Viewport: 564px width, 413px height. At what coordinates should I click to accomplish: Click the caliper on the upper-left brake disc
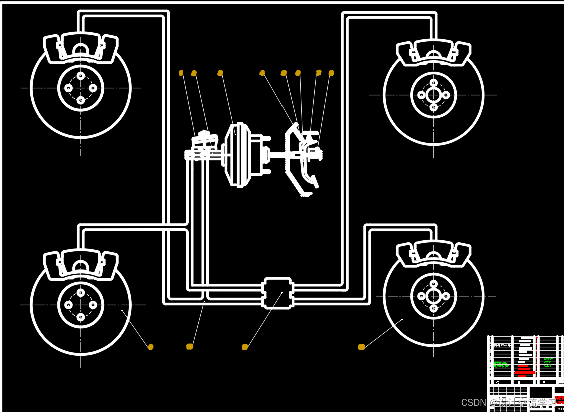pyautogui.click(x=81, y=49)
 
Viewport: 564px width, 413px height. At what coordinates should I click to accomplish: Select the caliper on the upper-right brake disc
pyautogui.click(x=434, y=52)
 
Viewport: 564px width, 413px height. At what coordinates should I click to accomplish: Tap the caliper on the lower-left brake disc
pyautogui.click(x=81, y=264)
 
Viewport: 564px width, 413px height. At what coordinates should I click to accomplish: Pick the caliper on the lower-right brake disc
pyautogui.click(x=434, y=253)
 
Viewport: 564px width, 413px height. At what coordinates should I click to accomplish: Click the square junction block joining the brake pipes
pyautogui.click(x=277, y=293)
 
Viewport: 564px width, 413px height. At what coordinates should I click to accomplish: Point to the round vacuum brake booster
pyautogui.click(x=240, y=155)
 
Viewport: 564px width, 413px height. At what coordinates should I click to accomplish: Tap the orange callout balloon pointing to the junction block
pyautogui.click(x=245, y=347)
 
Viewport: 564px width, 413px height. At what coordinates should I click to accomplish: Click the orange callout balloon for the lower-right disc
pyautogui.click(x=361, y=347)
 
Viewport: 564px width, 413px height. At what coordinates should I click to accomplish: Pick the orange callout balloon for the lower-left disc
pyautogui.click(x=151, y=347)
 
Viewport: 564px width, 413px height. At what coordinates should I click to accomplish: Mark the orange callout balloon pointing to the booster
pyautogui.click(x=220, y=73)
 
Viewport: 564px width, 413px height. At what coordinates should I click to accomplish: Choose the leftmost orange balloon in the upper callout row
pyautogui.click(x=181, y=73)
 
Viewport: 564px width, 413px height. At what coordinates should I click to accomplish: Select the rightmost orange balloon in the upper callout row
pyautogui.click(x=331, y=73)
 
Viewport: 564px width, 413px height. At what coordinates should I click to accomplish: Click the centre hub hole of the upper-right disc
pyautogui.click(x=434, y=94)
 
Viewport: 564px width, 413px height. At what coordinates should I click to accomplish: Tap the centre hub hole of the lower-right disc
pyautogui.click(x=434, y=296)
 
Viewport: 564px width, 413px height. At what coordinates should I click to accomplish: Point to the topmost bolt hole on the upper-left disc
pyautogui.click(x=81, y=76)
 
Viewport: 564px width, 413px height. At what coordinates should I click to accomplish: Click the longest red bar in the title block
pyautogui.click(x=525, y=373)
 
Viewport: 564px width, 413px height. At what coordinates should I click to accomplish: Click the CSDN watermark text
pyautogui.click(x=473, y=402)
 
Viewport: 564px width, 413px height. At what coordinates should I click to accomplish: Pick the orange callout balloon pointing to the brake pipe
pyautogui.click(x=189, y=346)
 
